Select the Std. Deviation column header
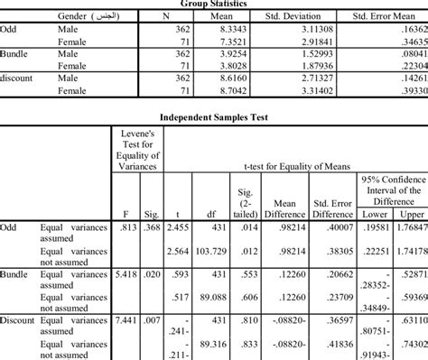[x=293, y=16]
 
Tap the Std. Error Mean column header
[x=380, y=16]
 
